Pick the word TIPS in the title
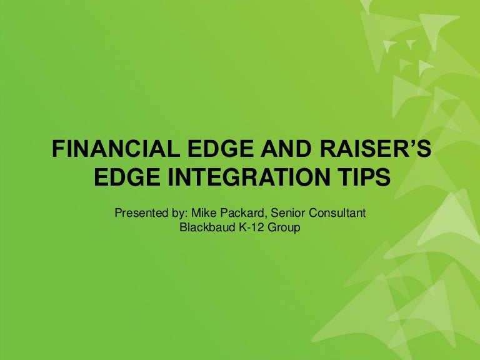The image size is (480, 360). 363,177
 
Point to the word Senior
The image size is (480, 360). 286,214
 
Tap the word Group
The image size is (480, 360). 285,228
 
